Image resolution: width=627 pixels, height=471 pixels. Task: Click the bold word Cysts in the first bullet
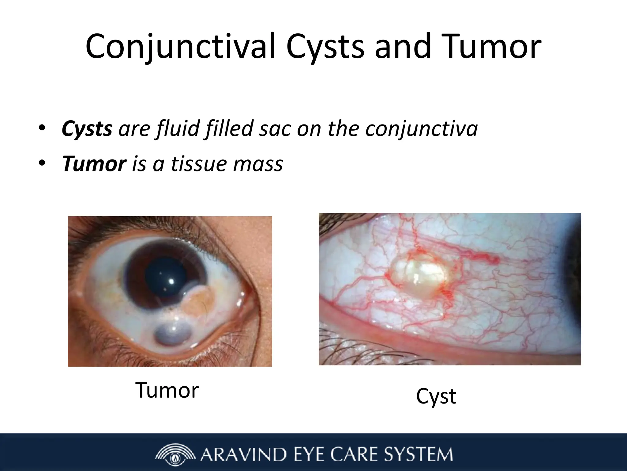pyautogui.click(x=87, y=129)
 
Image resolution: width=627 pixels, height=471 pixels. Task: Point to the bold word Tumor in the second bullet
pyautogui.click(x=94, y=164)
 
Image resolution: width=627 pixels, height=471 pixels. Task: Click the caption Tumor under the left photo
pyautogui.click(x=167, y=390)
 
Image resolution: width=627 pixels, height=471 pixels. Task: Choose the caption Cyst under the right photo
pyautogui.click(x=436, y=396)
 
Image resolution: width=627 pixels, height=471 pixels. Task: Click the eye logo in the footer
pyautogui.click(x=175, y=454)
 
